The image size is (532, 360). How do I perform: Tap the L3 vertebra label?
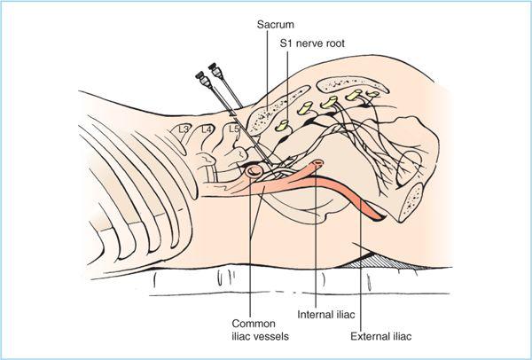pyautogui.click(x=184, y=129)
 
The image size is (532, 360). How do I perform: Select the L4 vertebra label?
pyautogui.click(x=207, y=129)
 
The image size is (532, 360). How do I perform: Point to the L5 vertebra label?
pyautogui.click(x=234, y=129)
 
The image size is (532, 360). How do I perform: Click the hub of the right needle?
pyautogui.click(x=214, y=67)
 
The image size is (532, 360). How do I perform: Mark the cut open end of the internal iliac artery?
pyautogui.click(x=318, y=162)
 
